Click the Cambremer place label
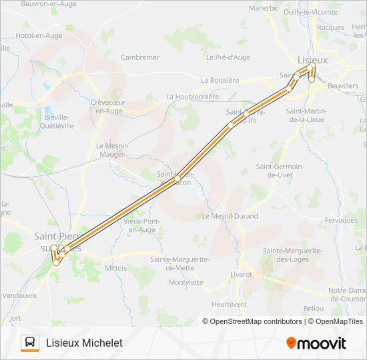(140, 57)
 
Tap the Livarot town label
(241, 274)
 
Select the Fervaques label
(342, 220)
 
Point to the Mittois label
(115, 267)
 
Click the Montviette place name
(186, 282)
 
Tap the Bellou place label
(313, 308)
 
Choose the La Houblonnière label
(192, 97)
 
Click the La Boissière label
(220, 80)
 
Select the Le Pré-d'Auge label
(228, 57)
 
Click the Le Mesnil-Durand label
(230, 216)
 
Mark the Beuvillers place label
(343, 86)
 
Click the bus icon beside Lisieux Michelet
(30, 343)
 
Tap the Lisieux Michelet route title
(85, 343)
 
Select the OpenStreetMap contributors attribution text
(253, 321)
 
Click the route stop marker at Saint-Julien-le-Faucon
(177, 179)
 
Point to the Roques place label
(331, 27)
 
